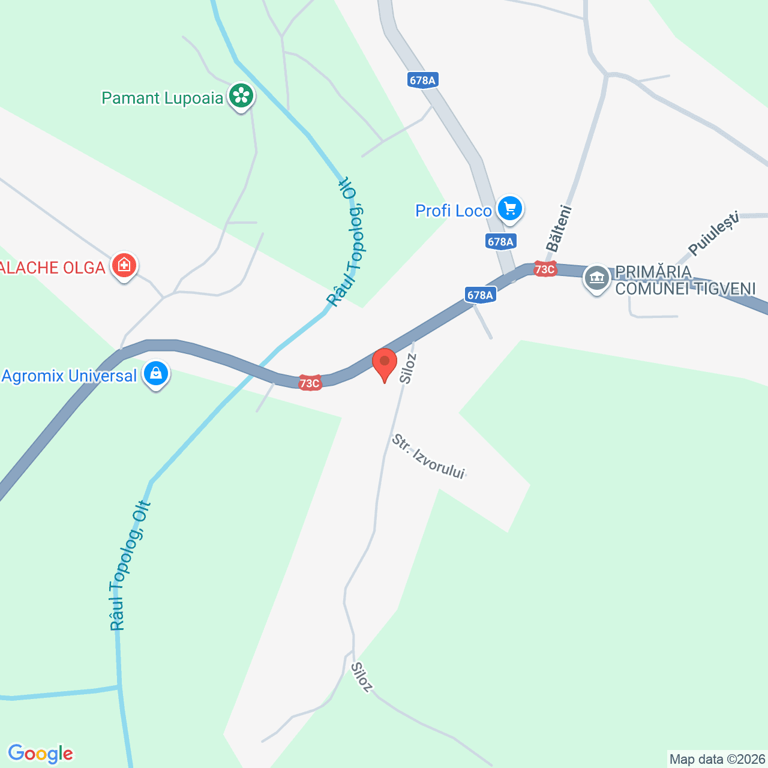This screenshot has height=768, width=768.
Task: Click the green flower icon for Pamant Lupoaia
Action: pos(241,96)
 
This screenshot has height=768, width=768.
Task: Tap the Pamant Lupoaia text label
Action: pos(162,98)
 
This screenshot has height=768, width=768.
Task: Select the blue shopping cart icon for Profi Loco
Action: pos(510,209)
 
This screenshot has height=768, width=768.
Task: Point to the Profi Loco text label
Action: pos(454,211)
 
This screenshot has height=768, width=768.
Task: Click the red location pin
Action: pos(385,364)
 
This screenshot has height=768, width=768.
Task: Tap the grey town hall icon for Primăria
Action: pos(597,278)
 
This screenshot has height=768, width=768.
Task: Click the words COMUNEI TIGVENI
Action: pos(685,289)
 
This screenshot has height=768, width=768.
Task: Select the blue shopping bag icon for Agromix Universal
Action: pos(156,374)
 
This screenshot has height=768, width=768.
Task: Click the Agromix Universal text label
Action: pos(70,376)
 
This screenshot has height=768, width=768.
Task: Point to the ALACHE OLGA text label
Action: pos(53,268)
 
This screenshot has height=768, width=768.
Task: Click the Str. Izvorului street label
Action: pos(428,457)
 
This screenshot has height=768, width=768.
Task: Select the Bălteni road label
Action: pos(559,228)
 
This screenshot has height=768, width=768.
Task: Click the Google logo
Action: pos(40,754)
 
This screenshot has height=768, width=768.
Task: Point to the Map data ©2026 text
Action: pos(718,760)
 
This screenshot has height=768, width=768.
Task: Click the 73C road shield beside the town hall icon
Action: pos(545,269)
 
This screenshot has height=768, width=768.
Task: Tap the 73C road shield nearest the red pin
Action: pos(310,382)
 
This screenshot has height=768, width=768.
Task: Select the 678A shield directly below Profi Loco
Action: pos(500,242)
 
